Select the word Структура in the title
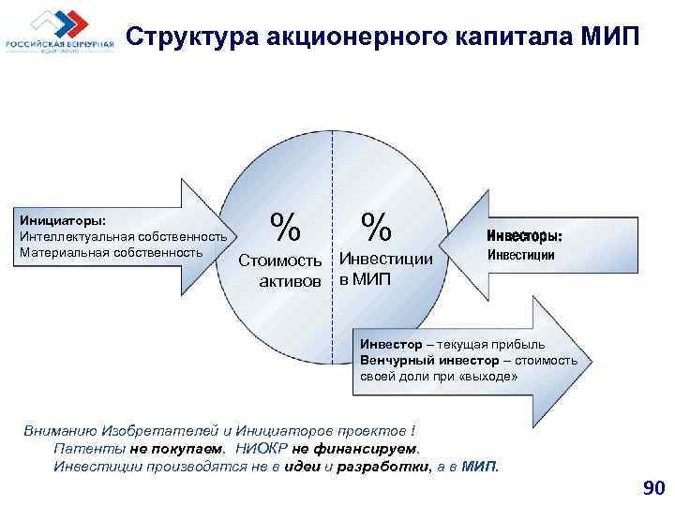[193, 36]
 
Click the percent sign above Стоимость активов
[286, 226]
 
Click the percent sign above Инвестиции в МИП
[377, 226]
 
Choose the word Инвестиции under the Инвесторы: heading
[521, 255]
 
